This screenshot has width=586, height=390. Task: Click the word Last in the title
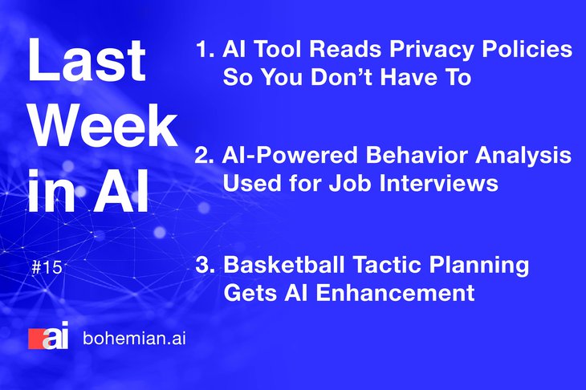[87, 59]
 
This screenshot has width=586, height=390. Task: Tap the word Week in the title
[103, 126]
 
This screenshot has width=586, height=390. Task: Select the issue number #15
[47, 268]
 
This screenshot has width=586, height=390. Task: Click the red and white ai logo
[49, 335]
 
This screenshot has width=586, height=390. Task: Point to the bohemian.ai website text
[135, 339]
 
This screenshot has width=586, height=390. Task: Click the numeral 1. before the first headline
[205, 49]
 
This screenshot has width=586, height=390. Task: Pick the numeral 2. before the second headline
[205, 156]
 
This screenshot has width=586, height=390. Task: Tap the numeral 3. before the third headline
[206, 265]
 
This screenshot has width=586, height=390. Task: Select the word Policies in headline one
[527, 49]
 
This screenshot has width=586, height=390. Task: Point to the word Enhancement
[396, 292]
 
